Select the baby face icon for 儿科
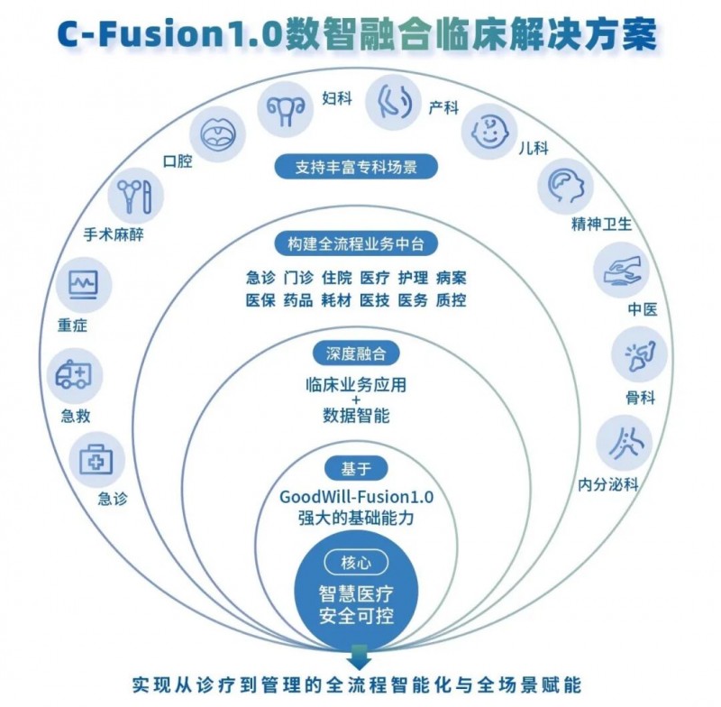[488, 133]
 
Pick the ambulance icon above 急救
[75, 373]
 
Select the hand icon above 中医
[622, 271]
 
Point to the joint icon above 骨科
[639, 354]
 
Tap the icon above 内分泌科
[624, 442]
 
